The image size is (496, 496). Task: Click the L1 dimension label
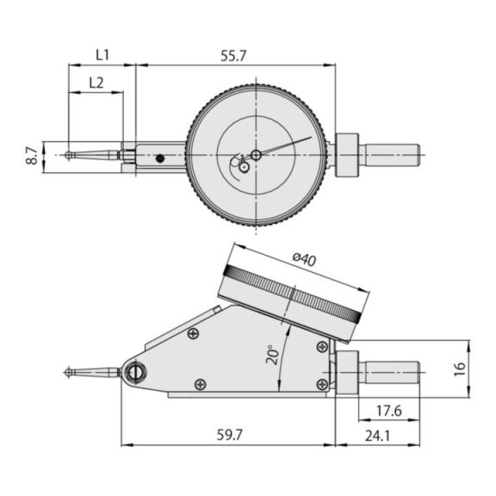tap(102, 55)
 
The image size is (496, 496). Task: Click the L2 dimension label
tap(96, 83)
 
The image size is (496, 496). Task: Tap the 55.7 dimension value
tap(233, 56)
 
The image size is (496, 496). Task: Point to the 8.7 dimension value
tap(32, 155)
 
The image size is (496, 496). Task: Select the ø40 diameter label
tap(304, 259)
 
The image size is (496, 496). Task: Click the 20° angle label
tap(273, 355)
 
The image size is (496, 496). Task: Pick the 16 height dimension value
tap(460, 369)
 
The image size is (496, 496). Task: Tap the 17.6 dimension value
tap(388, 411)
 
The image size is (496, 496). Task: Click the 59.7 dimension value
tap(230, 435)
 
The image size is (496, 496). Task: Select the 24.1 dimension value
tap(377, 437)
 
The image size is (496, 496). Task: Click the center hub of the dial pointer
tap(256, 155)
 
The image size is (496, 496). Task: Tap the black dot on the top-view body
tap(160, 158)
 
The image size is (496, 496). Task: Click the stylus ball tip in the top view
tap(69, 155)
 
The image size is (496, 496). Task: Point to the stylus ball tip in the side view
tap(69, 372)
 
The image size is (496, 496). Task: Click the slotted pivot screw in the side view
tap(135, 372)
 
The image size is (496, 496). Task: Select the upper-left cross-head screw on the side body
tap(193, 333)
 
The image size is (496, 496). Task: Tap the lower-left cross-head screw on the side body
tap(201, 384)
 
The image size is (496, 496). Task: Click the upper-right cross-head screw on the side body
tap(322, 347)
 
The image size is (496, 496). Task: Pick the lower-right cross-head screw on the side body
tap(322, 384)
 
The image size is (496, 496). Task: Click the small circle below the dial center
tap(243, 167)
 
